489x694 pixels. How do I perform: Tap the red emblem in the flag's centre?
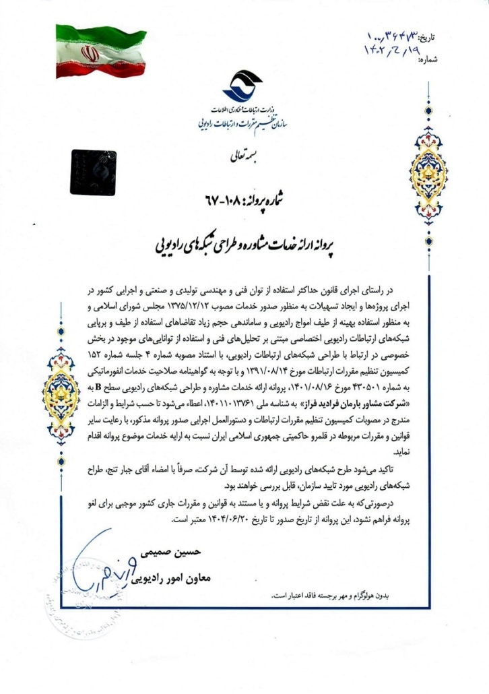[89, 53]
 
